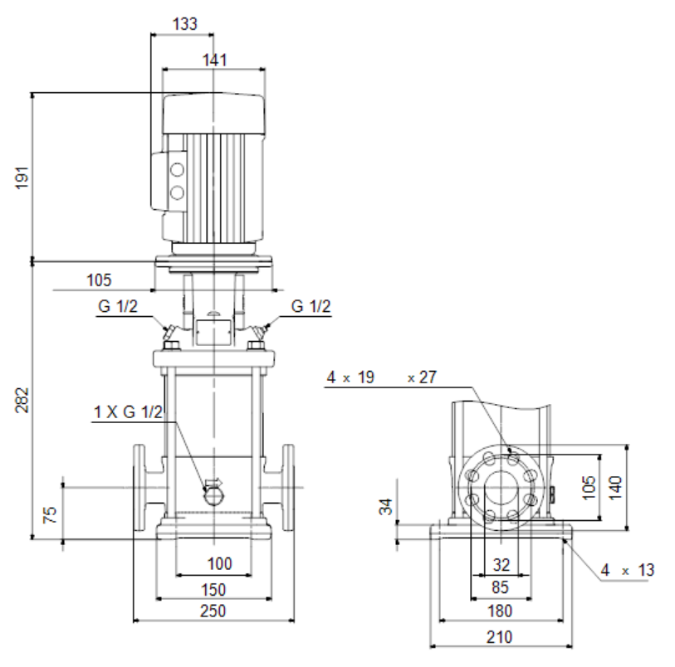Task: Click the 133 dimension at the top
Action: pos(184,24)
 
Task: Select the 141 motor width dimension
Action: pos(215,60)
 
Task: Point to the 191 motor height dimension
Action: pos(22,178)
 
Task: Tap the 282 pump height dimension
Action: pos(22,400)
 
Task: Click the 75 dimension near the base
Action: pos(51,514)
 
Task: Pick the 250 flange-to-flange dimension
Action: pos(213,611)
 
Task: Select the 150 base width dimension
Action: pos(213,589)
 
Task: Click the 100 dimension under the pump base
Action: pos(219,563)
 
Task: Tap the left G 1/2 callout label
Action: pos(118,306)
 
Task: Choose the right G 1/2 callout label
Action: pos(311,306)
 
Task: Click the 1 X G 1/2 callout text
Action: pos(129,412)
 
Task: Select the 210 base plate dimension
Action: pos(499,637)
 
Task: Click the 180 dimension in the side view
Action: pos(499,611)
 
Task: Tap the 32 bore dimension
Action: pos(501,565)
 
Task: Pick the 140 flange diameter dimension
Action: pos(615,488)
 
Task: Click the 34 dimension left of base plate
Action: pos(386,507)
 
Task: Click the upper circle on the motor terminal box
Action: pos(177,169)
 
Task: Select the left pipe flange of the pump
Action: pos(139,488)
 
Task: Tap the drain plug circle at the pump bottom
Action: pos(213,497)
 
